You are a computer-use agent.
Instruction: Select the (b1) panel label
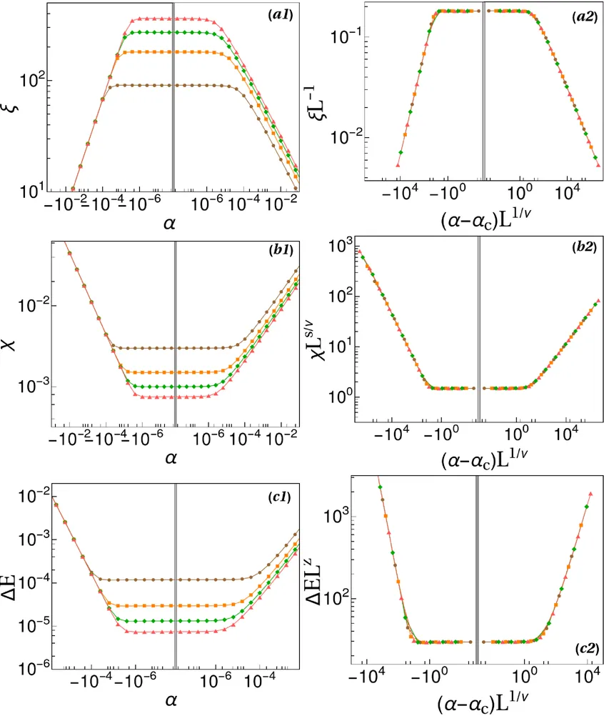[x=279, y=251]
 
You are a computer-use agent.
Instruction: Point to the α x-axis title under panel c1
[x=173, y=702]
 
